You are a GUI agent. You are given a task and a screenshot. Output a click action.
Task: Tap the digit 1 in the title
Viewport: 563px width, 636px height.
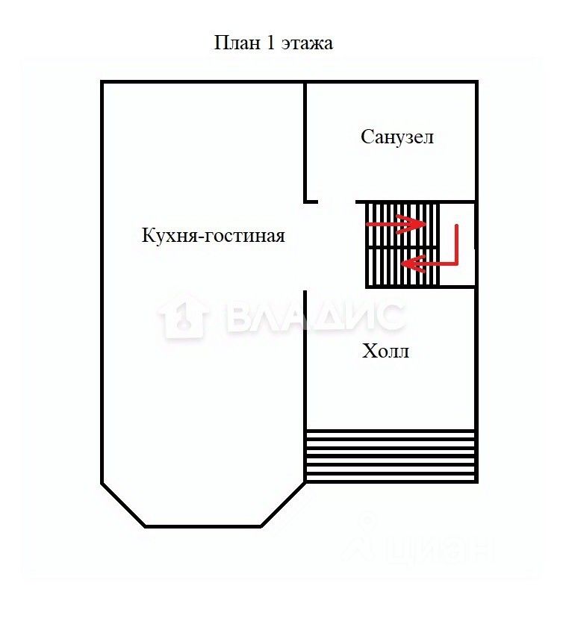pyautogui.click(x=269, y=43)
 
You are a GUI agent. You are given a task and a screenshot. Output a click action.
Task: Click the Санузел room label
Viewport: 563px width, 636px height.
pyautogui.click(x=397, y=137)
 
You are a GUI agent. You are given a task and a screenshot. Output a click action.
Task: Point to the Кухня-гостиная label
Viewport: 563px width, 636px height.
pyautogui.click(x=214, y=236)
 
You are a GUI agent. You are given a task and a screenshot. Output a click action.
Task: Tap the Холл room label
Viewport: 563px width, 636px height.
pyautogui.click(x=385, y=351)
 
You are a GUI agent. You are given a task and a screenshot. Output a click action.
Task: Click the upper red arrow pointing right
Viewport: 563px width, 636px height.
pyautogui.click(x=396, y=223)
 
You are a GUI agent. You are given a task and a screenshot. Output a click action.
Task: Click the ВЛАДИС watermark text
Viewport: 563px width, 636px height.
pyautogui.click(x=314, y=317)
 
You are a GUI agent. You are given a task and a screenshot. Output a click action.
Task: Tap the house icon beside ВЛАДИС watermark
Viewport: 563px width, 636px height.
pyautogui.click(x=183, y=317)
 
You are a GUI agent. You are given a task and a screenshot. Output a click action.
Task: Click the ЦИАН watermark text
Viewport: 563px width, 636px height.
pyautogui.click(x=437, y=551)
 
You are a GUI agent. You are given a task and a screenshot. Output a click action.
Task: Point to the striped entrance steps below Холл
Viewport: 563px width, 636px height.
pyautogui.click(x=391, y=455)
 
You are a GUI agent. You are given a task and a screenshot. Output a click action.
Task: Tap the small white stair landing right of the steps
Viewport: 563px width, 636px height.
pyautogui.click(x=457, y=245)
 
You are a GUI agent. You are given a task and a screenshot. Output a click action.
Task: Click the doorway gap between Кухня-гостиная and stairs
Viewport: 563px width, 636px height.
pyautogui.click(x=305, y=246)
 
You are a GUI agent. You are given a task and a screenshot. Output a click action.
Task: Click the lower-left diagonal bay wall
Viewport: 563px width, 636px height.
pyautogui.click(x=123, y=505)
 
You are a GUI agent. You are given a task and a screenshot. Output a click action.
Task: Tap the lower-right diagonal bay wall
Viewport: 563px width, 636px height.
pyautogui.click(x=284, y=505)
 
